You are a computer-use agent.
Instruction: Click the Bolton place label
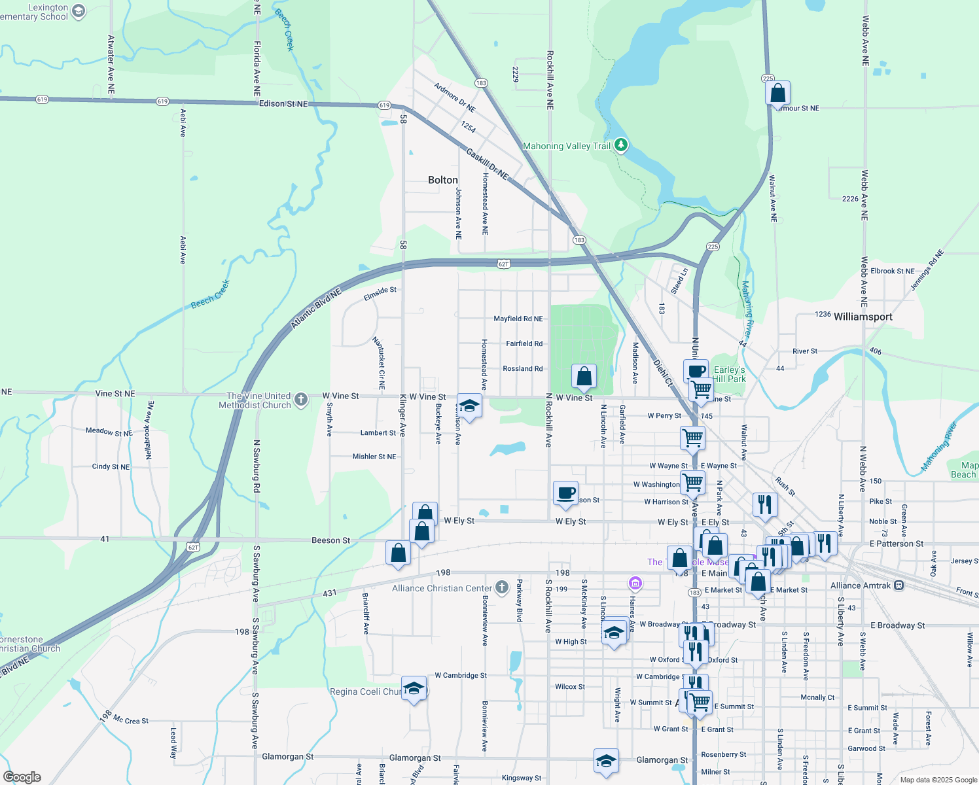442,180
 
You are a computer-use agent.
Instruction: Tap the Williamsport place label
863,317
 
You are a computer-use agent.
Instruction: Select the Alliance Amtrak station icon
899,585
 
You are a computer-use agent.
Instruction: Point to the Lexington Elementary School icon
79,11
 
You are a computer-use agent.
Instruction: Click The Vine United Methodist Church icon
301,400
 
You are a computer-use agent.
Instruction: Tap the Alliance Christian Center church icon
502,587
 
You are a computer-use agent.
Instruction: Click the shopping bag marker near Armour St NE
777,93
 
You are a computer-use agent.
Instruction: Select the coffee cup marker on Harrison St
565,493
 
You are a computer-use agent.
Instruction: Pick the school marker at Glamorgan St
606,761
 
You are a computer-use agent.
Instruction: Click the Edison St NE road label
283,103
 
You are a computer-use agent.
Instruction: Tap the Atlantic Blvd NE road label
316,309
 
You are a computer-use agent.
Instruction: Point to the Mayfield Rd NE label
518,319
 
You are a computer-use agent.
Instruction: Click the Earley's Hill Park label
729,374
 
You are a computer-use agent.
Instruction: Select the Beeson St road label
330,540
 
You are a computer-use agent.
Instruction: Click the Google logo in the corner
22,776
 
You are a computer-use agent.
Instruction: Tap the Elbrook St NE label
893,271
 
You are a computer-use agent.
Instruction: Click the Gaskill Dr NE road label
487,163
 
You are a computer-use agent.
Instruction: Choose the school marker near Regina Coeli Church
414,688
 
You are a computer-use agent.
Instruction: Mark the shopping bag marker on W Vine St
584,376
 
